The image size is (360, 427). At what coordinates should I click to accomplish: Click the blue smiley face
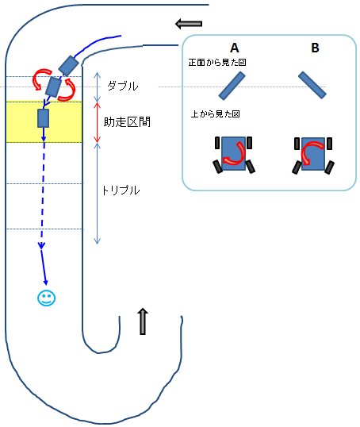coord(46,298)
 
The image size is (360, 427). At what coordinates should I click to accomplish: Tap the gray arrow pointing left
coord(189,24)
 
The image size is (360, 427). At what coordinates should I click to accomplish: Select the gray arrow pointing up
coord(143,321)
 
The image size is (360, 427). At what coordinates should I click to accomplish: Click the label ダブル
coord(123,86)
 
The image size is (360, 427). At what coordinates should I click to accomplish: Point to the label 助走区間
coord(127,122)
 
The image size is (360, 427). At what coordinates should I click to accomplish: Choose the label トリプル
coord(121,190)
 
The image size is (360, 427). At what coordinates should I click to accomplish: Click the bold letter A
coord(234,48)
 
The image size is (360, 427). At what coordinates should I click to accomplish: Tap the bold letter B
coord(315,48)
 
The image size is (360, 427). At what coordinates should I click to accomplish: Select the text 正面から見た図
coord(217,63)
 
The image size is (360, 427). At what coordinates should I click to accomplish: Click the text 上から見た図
coord(215,113)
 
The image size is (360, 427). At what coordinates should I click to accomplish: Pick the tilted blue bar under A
coord(232,86)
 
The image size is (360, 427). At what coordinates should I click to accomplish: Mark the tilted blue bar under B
coord(312,85)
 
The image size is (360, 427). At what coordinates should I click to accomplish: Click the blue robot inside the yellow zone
coord(44,118)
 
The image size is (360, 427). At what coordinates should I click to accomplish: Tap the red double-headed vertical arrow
coord(98,122)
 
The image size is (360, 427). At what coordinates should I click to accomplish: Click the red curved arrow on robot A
coord(235,153)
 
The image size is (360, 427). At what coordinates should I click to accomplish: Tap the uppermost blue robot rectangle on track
coord(68,66)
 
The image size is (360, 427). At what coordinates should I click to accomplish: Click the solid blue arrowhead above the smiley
coord(46,282)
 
